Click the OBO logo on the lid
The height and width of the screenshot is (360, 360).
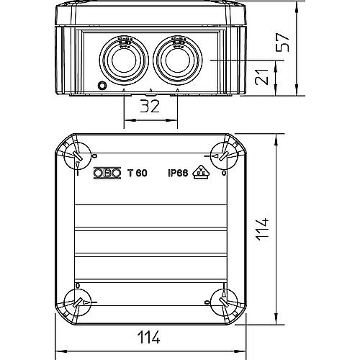108,172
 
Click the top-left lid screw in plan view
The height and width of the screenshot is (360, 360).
78,154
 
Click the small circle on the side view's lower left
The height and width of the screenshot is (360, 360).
102,86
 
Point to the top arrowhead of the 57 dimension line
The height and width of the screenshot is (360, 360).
298,6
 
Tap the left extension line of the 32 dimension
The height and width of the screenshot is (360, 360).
125,112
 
